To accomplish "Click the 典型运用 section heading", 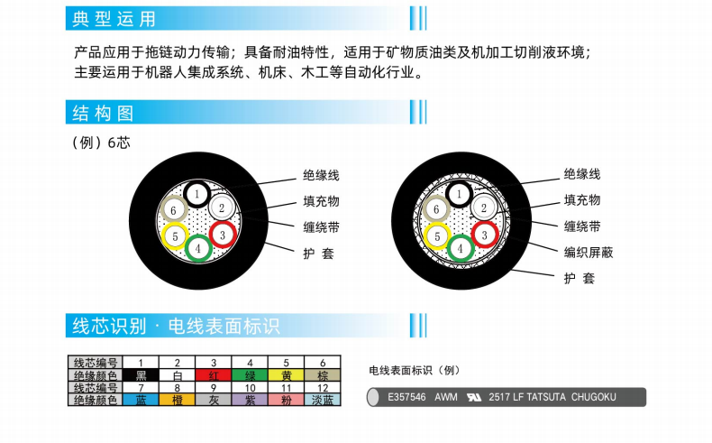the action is pyautogui.click(x=114, y=19).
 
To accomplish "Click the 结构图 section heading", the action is pyautogui.click(x=103, y=113).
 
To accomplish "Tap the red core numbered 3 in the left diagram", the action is pyautogui.click(x=223, y=235).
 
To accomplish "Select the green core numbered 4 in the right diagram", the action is pyautogui.click(x=461, y=248).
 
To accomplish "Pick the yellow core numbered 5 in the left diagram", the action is pyautogui.click(x=175, y=236).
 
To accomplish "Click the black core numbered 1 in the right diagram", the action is pyautogui.click(x=459, y=194).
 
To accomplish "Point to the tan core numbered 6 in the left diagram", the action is pyautogui.click(x=173, y=210).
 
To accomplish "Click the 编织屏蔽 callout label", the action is pyautogui.click(x=589, y=252).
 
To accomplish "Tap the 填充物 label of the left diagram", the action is pyautogui.click(x=321, y=201).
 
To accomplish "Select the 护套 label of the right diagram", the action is pyautogui.click(x=580, y=278).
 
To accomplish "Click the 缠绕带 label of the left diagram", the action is pyautogui.click(x=321, y=227).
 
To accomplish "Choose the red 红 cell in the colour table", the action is pyautogui.click(x=214, y=375).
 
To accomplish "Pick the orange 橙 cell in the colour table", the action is pyautogui.click(x=177, y=400).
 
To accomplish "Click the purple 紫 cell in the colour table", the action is pyautogui.click(x=250, y=400).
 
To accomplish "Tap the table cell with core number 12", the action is pyautogui.click(x=323, y=388).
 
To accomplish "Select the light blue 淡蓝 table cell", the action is pyautogui.click(x=323, y=400).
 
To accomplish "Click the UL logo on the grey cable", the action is pyautogui.click(x=473, y=397).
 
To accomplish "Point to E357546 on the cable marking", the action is pyautogui.click(x=406, y=397).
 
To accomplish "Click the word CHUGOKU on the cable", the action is pyautogui.click(x=594, y=397).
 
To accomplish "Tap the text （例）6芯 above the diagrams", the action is pyautogui.click(x=101, y=143).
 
